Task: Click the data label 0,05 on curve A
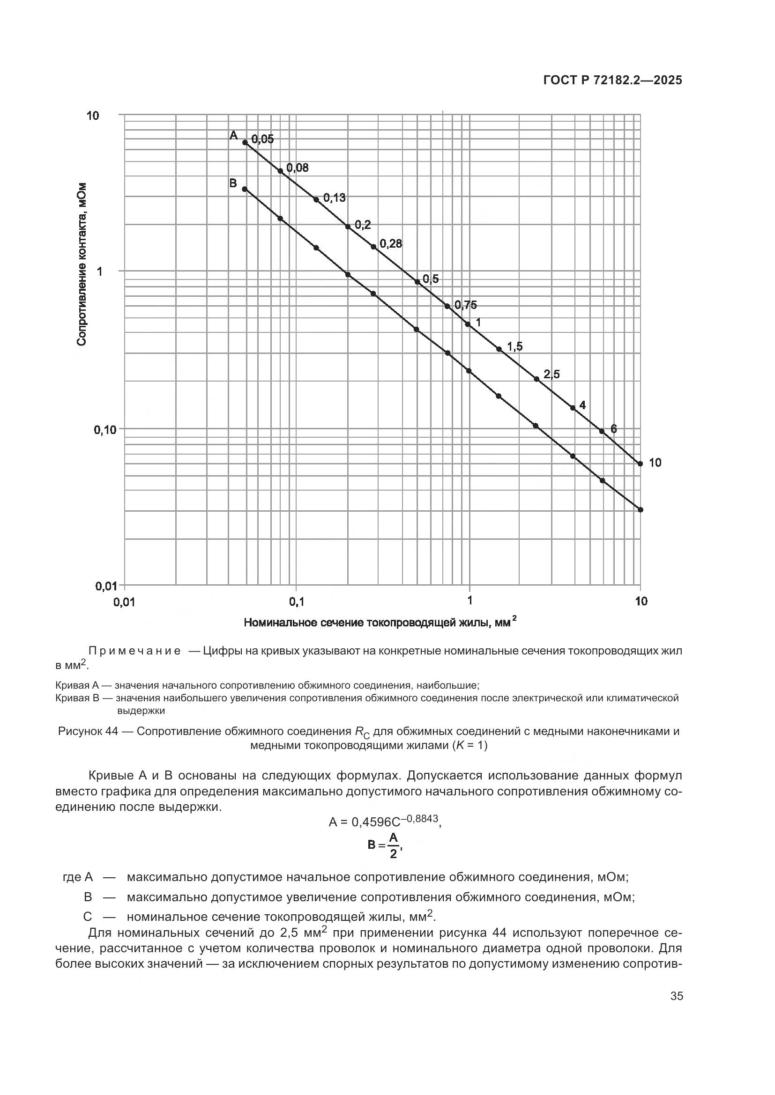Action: [262, 139]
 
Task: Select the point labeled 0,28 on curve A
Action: [373, 247]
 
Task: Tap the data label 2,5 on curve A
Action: [551, 375]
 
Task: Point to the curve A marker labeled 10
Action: [641, 463]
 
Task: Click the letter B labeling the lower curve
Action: [233, 183]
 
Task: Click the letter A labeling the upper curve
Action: [233, 135]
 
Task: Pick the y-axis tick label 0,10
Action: [105, 430]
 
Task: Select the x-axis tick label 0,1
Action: [296, 602]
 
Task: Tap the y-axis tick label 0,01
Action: [106, 586]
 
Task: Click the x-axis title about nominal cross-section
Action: [380, 622]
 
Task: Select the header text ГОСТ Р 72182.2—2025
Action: [613, 81]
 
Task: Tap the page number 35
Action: [677, 996]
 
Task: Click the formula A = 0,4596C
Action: [385, 821]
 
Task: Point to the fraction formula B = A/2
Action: [385, 845]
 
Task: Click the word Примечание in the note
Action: [134, 652]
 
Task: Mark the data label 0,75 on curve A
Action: [465, 305]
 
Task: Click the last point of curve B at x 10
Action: [641, 510]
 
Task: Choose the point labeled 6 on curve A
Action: [602, 431]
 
